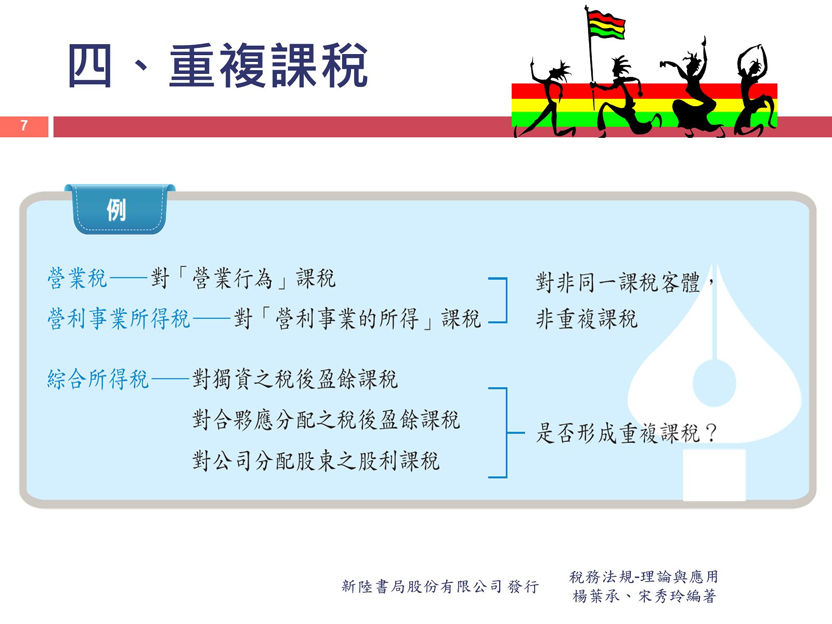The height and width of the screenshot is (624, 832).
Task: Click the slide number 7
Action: (24, 125)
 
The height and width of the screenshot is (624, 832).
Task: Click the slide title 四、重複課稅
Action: (218, 66)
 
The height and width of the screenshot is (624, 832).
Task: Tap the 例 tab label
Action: (116, 210)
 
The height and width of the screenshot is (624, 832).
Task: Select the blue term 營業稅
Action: (77, 279)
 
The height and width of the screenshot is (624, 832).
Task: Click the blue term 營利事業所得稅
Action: (119, 319)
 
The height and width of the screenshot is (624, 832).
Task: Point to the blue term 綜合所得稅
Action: (98, 379)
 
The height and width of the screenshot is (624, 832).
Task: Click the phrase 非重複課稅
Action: (587, 319)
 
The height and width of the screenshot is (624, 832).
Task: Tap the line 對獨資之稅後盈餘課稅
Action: (295, 379)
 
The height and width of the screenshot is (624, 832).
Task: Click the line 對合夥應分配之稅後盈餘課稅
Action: (326, 420)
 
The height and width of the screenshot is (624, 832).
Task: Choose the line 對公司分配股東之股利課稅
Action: (316, 461)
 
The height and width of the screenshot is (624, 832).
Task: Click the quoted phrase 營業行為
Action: (232, 279)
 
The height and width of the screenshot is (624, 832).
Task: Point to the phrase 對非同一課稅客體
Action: (617, 282)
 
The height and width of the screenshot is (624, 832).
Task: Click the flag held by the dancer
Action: (606, 25)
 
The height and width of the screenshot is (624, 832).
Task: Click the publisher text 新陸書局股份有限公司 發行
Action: (440, 587)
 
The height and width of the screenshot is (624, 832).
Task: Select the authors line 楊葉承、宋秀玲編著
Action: (644, 596)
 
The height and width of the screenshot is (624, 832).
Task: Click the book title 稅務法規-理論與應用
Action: (644, 577)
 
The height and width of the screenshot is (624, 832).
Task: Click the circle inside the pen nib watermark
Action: (714, 383)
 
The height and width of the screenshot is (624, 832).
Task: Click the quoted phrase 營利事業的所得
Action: (347, 319)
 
